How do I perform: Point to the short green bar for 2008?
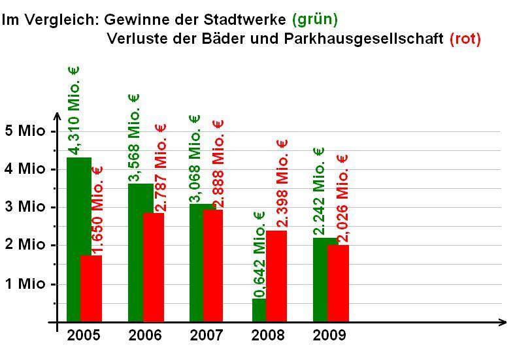(x=259, y=310)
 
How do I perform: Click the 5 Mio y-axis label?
(x=25, y=131)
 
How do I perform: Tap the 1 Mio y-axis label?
(x=25, y=284)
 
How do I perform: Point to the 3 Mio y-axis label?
(x=25, y=207)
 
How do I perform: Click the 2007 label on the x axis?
(x=206, y=336)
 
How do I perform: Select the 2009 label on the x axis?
(x=329, y=336)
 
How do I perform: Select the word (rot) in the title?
(x=465, y=39)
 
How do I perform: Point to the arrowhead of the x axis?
(x=502, y=322)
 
